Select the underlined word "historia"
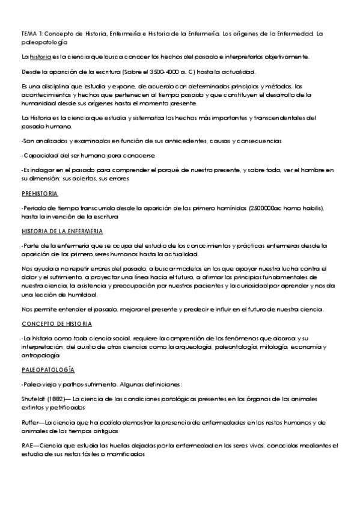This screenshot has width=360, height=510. [40, 57]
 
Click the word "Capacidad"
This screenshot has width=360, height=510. [41, 155]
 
